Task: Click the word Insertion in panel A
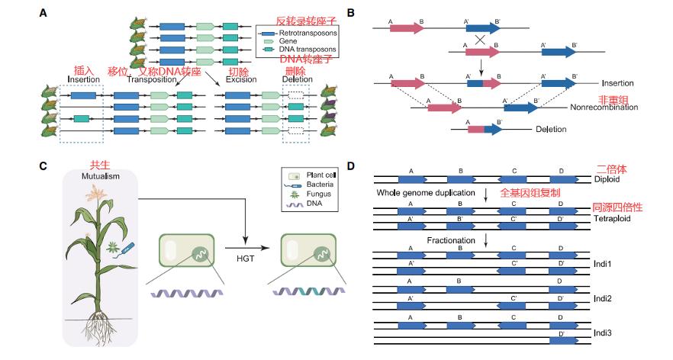click(83, 79)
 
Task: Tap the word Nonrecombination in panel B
click(609, 108)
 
